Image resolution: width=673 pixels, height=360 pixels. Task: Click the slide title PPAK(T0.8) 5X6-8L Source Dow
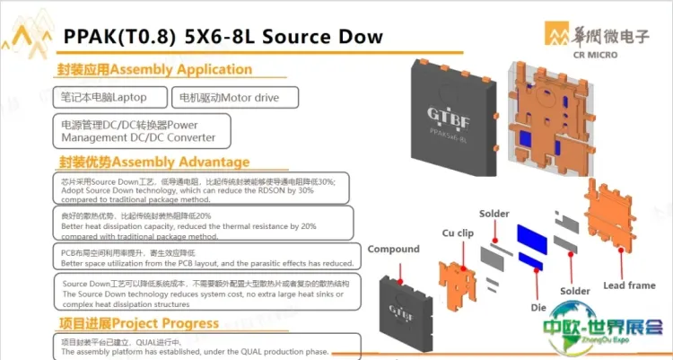pyautogui.click(x=223, y=37)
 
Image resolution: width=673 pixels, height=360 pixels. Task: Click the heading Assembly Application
pyautogui.click(x=154, y=69)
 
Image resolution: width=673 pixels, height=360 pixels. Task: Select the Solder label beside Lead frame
pyautogui.click(x=575, y=292)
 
